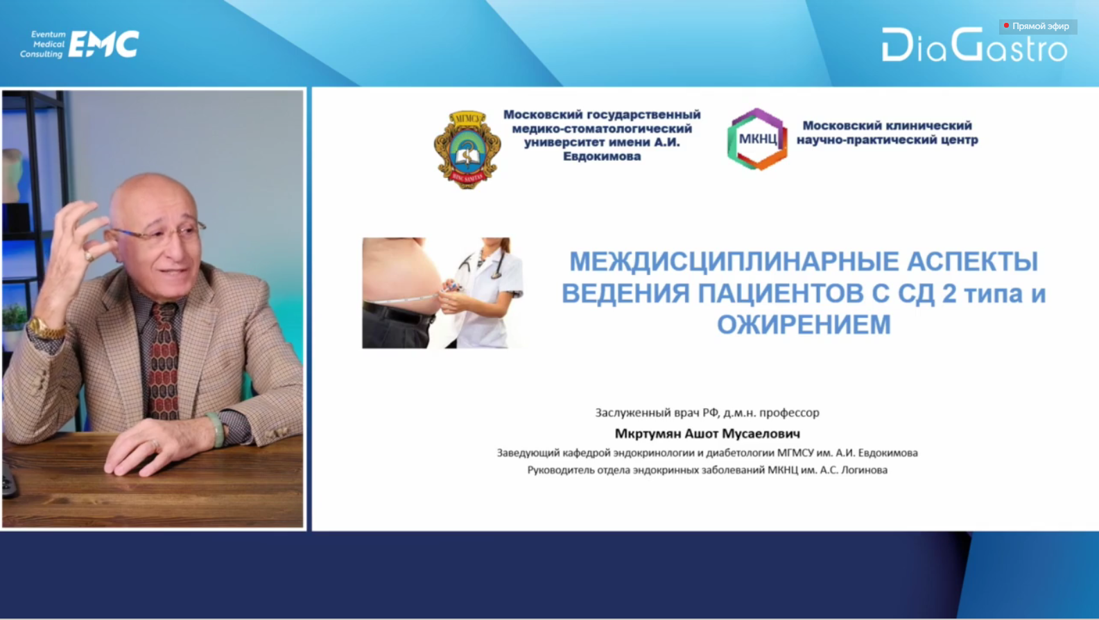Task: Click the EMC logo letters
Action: tap(103, 44)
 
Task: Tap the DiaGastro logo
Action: tap(974, 44)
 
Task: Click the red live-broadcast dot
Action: tap(1006, 26)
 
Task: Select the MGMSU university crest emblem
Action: tap(467, 150)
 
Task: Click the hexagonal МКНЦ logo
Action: tap(757, 139)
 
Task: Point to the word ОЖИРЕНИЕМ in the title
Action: tap(804, 324)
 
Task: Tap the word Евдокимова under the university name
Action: tap(602, 157)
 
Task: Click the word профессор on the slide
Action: tap(790, 413)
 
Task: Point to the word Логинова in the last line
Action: tap(864, 470)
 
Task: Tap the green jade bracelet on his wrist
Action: tap(216, 429)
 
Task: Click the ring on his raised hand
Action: tap(88, 256)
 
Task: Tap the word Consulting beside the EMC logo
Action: tap(41, 55)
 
